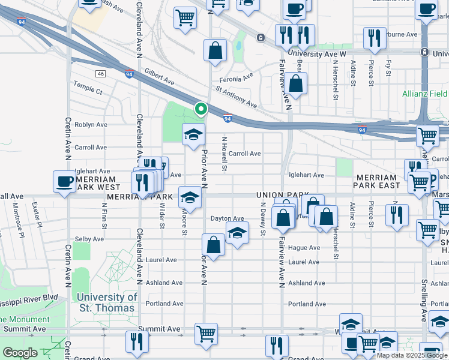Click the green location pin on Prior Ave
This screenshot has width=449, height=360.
200,109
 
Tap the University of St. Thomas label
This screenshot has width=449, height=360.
107,302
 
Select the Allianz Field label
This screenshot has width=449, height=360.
424,94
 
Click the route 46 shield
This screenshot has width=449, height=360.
100,74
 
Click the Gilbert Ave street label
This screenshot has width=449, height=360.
159,76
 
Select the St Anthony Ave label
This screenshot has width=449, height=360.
236,97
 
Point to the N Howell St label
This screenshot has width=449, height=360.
224,154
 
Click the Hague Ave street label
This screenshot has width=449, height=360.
304,247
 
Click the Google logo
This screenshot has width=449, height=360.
20,353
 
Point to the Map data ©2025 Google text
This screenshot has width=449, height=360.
412,355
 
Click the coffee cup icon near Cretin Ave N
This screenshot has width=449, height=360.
65,182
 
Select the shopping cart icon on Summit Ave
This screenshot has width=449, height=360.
206,333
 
